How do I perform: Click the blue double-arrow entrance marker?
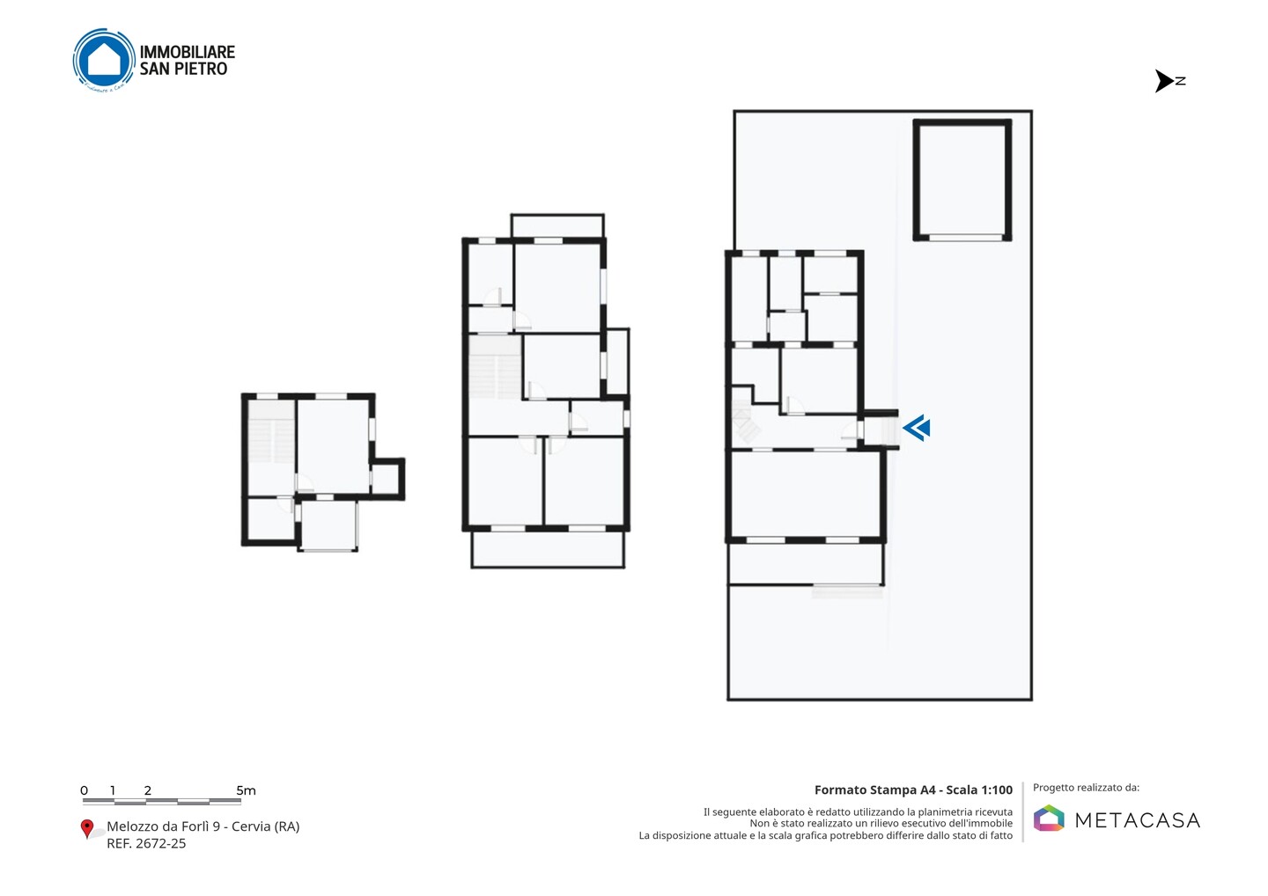[917, 428]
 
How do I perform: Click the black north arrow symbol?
[1164, 81]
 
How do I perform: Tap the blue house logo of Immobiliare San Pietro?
[104, 60]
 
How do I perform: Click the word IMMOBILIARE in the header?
[188, 52]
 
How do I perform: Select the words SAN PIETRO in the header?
[183, 69]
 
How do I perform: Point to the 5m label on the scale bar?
[247, 790]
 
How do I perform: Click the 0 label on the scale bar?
[85, 790]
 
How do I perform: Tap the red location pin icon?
[86, 829]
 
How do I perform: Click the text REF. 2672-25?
[146, 843]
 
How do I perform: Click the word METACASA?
[1138, 821]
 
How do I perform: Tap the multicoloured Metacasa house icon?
[1049, 818]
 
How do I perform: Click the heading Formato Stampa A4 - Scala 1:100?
[914, 790]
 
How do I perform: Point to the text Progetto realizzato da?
[1087, 788]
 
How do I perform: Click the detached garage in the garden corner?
[962, 180]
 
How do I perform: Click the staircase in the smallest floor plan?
[271, 433]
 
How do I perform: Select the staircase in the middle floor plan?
[495, 366]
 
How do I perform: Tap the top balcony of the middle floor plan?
[557, 225]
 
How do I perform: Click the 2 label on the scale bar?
[148, 790]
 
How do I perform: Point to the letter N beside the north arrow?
[1180, 81]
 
